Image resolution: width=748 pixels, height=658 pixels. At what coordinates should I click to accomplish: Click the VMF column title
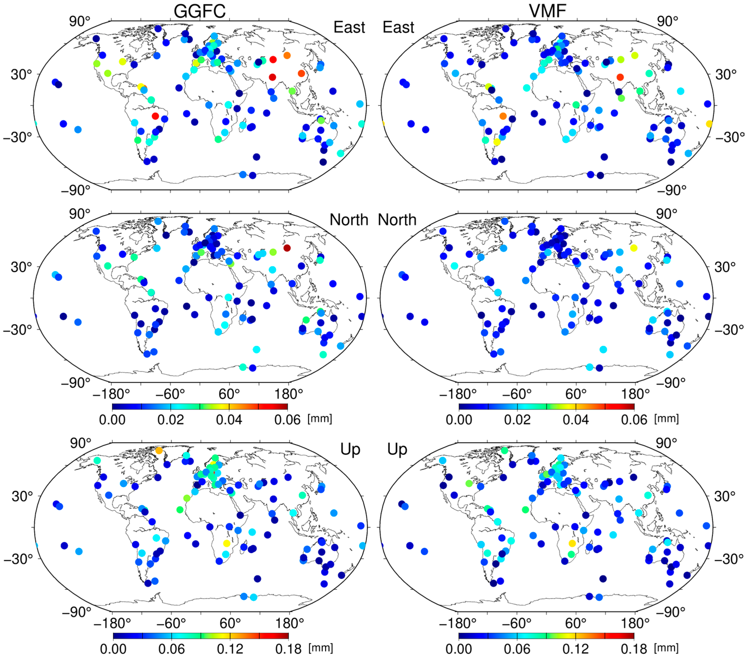pos(547,11)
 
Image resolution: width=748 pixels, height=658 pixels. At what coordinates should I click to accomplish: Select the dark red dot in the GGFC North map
pos(287,248)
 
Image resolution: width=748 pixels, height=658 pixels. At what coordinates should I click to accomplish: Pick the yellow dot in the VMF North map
pos(633,248)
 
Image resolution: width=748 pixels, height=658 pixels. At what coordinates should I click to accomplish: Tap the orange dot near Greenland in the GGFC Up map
pos(159,450)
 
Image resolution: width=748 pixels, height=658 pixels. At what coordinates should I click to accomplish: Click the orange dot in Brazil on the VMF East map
pos(503,116)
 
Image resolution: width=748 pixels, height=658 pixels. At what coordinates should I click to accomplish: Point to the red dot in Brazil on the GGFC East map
pos(155,116)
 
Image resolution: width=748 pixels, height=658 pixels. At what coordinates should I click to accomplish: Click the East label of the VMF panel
pos(398,27)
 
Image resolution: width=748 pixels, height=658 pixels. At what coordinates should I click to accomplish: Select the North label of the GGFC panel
pos(349,220)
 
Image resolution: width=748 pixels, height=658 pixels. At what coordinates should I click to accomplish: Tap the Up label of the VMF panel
pos(397,449)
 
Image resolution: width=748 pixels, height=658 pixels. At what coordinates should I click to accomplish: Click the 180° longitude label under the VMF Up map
pos(635,623)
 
